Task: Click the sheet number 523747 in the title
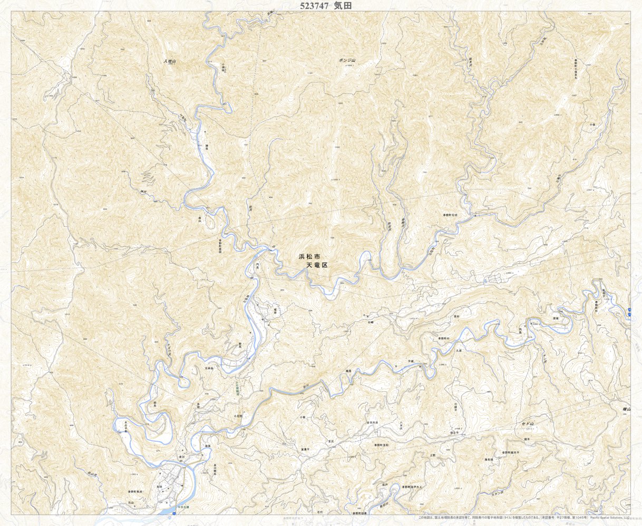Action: [x=314, y=6]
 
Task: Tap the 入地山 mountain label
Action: [x=169, y=62]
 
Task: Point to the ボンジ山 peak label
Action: [x=347, y=61]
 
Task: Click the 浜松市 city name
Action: [x=309, y=256]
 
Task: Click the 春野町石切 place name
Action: [x=451, y=216]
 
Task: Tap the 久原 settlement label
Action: [x=459, y=350]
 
